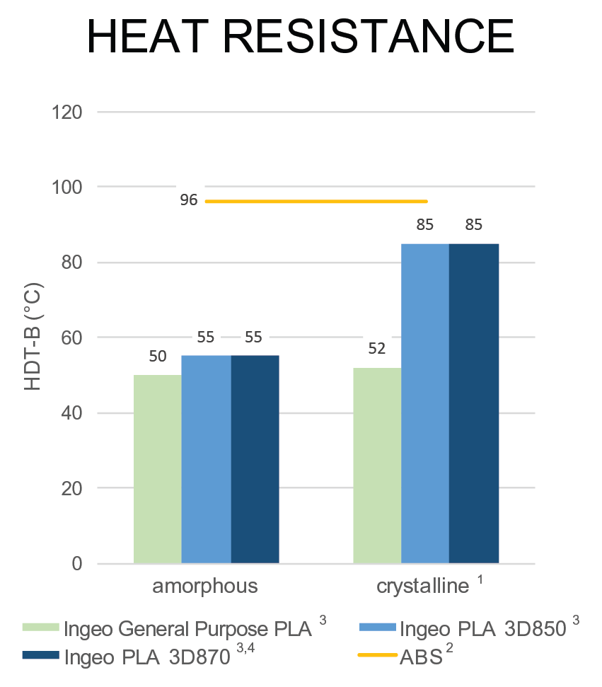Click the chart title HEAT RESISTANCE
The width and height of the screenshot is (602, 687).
coord(300,36)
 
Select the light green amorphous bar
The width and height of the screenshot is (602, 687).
coord(157,469)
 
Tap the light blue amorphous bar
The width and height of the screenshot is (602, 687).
coord(206,459)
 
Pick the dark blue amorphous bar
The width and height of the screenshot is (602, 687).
coord(255,459)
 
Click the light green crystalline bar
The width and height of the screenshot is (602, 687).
coord(376,466)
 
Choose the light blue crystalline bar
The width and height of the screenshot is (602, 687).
coord(424,403)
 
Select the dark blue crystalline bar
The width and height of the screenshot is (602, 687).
coord(474,403)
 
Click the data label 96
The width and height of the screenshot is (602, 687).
coord(188,201)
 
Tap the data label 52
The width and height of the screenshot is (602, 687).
coord(376,348)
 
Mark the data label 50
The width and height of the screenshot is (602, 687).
coord(158,356)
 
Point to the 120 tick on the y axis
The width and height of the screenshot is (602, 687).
coord(68,112)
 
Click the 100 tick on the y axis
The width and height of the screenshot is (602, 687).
coord(68,187)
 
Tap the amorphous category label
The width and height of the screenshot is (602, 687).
coord(204,587)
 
